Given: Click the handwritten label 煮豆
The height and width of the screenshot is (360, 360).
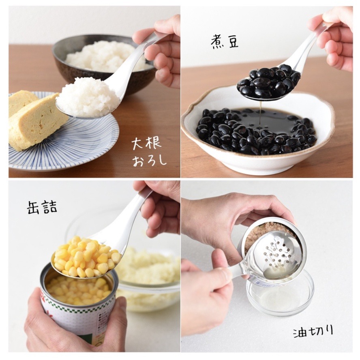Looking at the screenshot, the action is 225,42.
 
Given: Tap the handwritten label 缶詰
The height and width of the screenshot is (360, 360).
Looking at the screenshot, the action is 42,207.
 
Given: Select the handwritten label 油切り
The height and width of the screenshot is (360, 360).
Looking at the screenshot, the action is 313,332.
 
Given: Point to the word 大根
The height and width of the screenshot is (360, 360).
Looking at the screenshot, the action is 146,144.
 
